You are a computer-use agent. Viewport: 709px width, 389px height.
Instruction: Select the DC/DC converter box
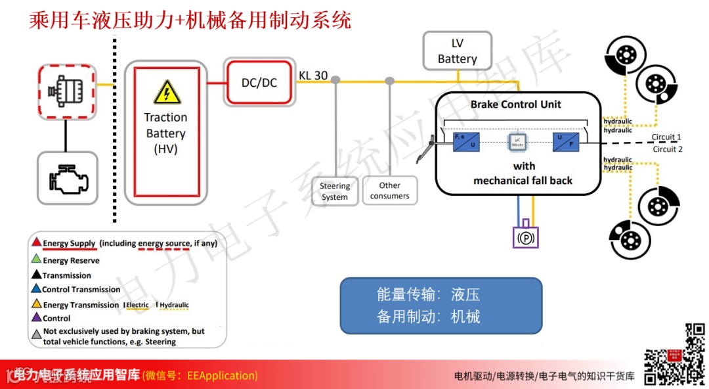click(259, 82)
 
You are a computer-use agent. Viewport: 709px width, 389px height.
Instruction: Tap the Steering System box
click(335, 191)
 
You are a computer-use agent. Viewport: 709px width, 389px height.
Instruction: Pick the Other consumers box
click(389, 191)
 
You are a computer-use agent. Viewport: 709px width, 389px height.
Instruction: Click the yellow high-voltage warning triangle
click(167, 93)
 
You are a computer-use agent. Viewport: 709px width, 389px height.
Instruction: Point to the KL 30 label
click(313, 75)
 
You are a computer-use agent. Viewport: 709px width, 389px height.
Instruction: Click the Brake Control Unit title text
click(516, 104)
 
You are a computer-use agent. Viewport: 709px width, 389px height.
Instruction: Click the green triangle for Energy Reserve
click(37, 260)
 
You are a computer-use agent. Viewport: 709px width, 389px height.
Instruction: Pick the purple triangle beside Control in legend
click(37, 318)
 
